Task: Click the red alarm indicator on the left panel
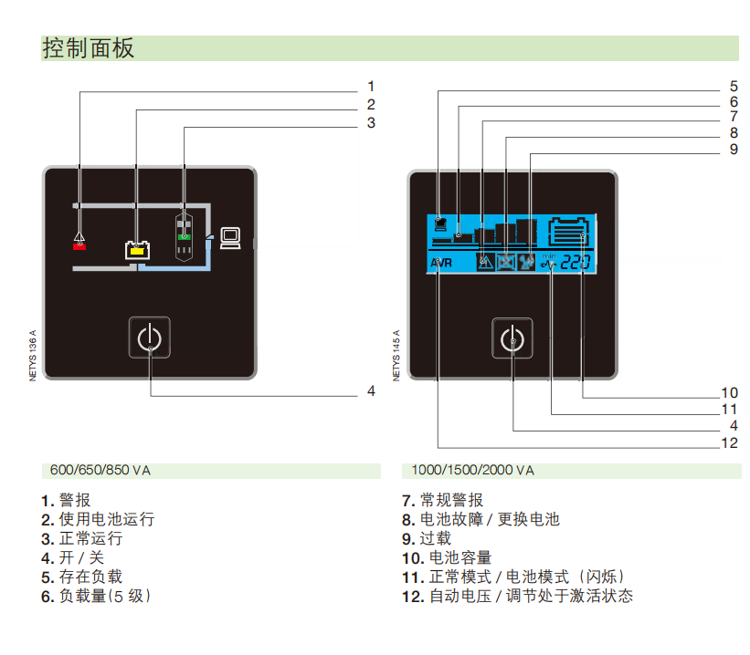(x=79, y=246)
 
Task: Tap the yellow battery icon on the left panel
(x=137, y=250)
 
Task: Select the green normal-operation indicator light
(x=185, y=237)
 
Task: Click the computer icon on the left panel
(x=230, y=238)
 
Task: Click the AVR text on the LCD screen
(x=441, y=263)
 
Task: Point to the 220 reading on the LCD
(x=576, y=263)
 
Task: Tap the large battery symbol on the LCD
(x=568, y=232)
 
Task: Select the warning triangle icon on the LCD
(x=485, y=263)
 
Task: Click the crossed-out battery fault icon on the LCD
(x=505, y=263)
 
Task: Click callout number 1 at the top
(x=371, y=87)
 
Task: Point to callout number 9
(x=734, y=150)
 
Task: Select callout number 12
(x=729, y=443)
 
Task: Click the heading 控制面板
(x=89, y=48)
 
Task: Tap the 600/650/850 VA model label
(x=100, y=471)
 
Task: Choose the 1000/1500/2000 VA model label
(x=472, y=471)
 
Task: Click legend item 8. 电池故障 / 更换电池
(x=481, y=519)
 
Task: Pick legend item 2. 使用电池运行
(x=98, y=519)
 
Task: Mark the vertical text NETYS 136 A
(x=33, y=356)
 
